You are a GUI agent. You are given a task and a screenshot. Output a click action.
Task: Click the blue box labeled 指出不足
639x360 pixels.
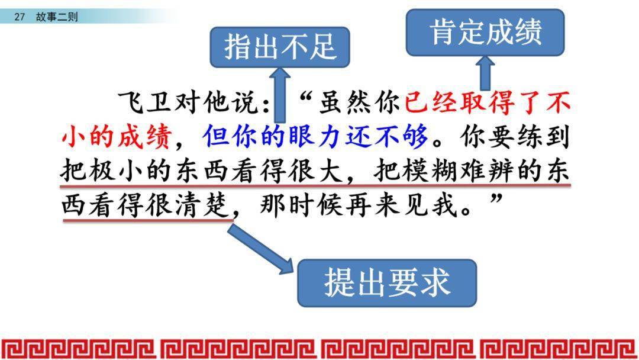280,47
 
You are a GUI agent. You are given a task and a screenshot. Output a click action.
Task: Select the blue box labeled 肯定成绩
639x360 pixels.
485,33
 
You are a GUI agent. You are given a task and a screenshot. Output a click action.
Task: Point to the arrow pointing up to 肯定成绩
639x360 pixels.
485,73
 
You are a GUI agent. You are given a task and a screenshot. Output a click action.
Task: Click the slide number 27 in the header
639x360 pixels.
19,17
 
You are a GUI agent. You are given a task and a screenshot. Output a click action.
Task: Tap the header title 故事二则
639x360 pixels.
57,17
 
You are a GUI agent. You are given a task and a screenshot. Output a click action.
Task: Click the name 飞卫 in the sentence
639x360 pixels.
144,102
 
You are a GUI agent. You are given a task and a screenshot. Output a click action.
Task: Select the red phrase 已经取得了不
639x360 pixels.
488,102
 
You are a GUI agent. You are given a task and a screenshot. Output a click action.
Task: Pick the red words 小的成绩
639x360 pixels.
116,136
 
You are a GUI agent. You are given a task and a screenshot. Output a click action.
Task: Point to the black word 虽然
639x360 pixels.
345,102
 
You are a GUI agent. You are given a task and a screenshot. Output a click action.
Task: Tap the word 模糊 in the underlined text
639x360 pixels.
429,170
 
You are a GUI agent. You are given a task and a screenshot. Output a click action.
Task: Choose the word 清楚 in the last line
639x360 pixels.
201,204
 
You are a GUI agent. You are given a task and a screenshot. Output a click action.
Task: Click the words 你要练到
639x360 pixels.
515,136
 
